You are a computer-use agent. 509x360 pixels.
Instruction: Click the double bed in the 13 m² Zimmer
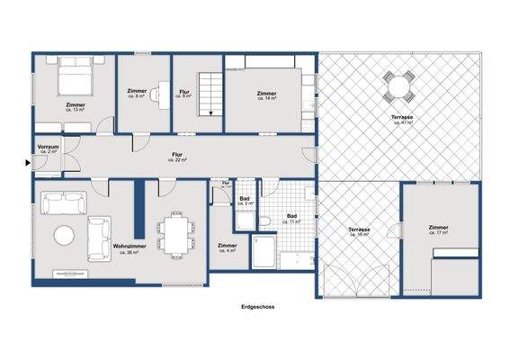(x=73, y=81)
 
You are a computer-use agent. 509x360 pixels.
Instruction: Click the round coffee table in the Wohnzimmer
(x=66, y=236)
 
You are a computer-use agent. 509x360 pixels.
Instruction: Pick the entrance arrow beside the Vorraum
(x=28, y=163)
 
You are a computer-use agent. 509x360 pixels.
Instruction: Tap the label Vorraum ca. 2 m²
(x=48, y=148)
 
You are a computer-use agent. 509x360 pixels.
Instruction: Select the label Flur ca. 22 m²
(x=177, y=157)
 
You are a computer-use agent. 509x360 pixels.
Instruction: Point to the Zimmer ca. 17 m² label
(x=438, y=229)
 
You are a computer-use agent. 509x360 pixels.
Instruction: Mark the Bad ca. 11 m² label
(x=292, y=218)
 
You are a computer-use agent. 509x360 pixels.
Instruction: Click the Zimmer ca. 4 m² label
(x=228, y=247)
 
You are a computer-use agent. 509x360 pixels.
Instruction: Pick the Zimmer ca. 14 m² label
(x=266, y=95)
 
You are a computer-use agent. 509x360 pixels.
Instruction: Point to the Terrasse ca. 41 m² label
(x=402, y=120)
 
